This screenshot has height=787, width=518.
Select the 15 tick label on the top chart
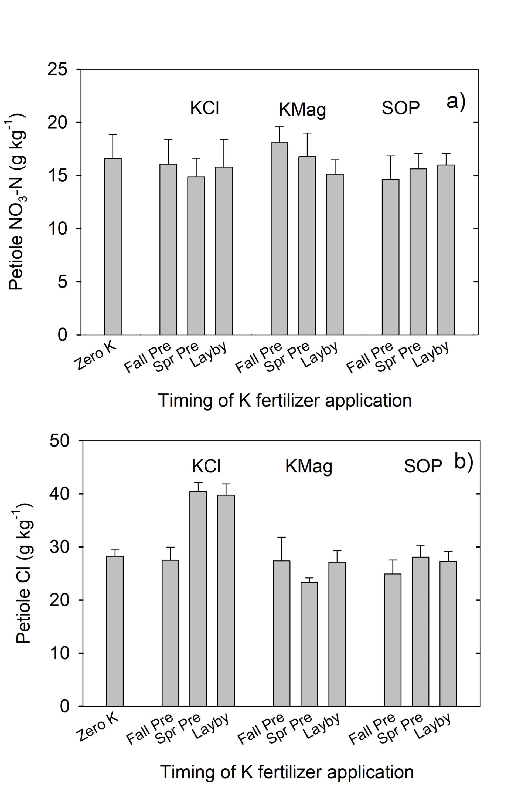(58, 175)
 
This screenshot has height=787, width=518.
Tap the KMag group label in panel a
(302, 110)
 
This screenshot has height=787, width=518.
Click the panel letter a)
(456, 102)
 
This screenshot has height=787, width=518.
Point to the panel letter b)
(464, 462)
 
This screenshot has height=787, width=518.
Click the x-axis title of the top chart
(285, 400)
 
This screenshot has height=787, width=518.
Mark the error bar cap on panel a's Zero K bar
(113, 134)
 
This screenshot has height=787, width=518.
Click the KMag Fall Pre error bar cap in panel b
(281, 537)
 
